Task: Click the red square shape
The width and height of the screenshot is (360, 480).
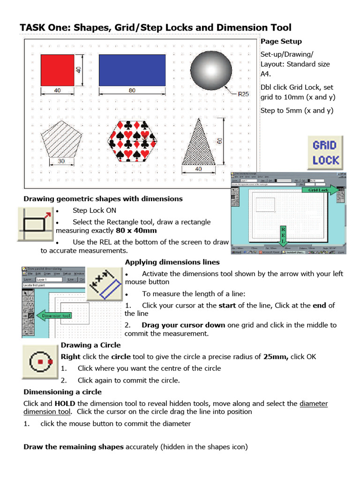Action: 57,70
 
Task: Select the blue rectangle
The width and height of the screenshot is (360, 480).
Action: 132,70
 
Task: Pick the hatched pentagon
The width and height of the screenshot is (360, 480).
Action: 59,139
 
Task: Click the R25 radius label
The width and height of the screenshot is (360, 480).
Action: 243,94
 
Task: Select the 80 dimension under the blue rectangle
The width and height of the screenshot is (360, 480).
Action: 132,90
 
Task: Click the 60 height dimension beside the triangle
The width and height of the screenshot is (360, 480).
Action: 220,141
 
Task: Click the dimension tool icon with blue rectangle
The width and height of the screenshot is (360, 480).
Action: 105,285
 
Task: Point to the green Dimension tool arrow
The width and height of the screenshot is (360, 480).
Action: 54,315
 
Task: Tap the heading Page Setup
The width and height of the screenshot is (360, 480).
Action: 281,42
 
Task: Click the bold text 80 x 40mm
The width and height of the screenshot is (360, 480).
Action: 136,231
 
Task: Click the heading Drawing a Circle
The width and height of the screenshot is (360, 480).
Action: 90,345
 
